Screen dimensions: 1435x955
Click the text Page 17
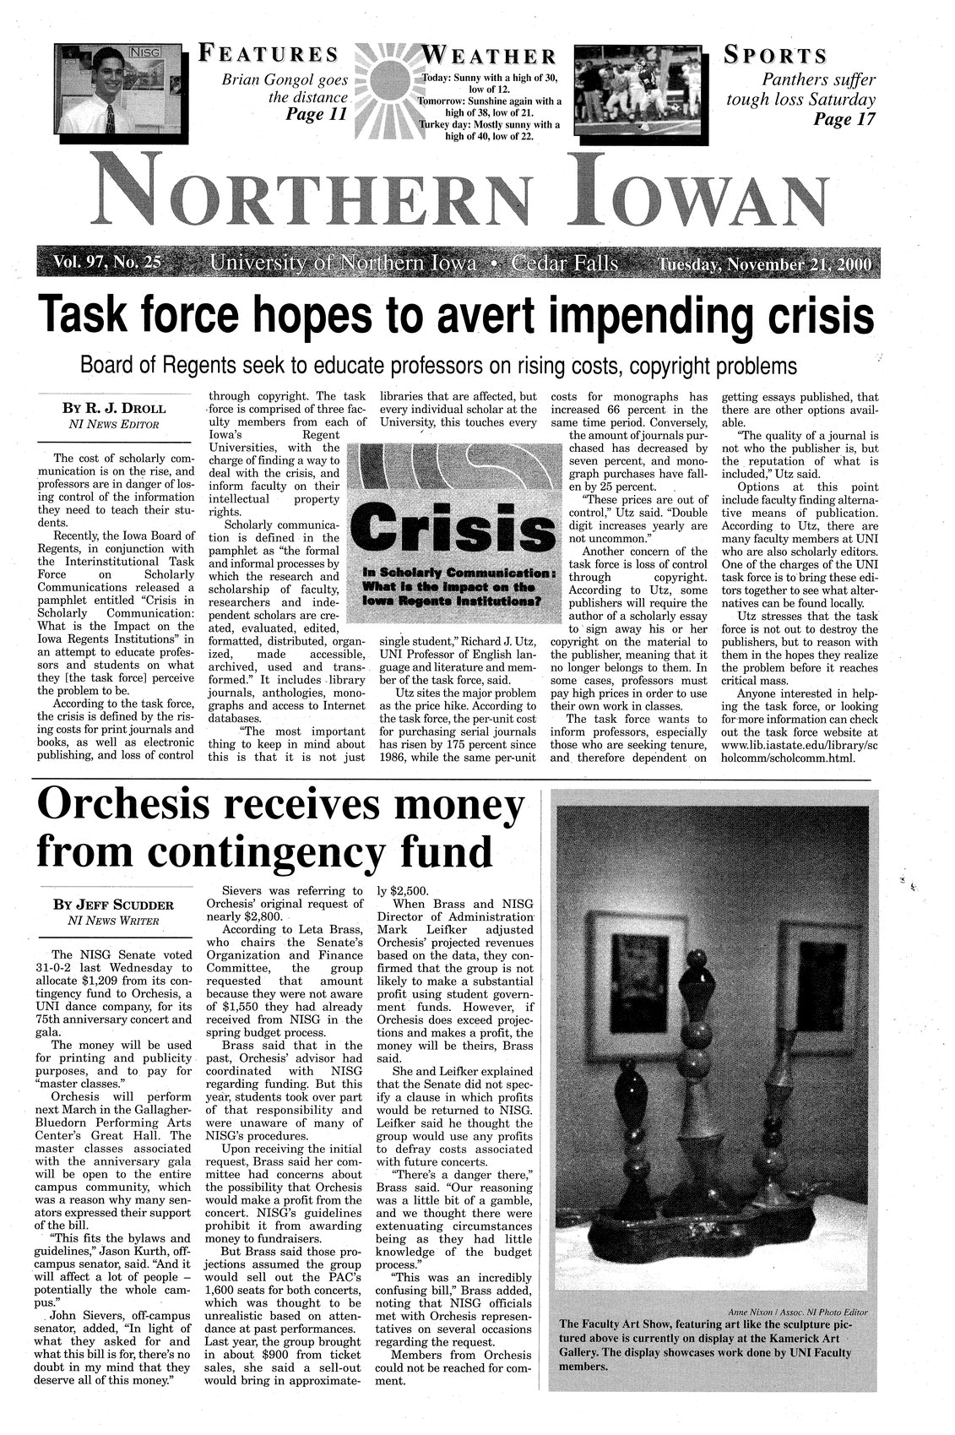[x=844, y=119]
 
